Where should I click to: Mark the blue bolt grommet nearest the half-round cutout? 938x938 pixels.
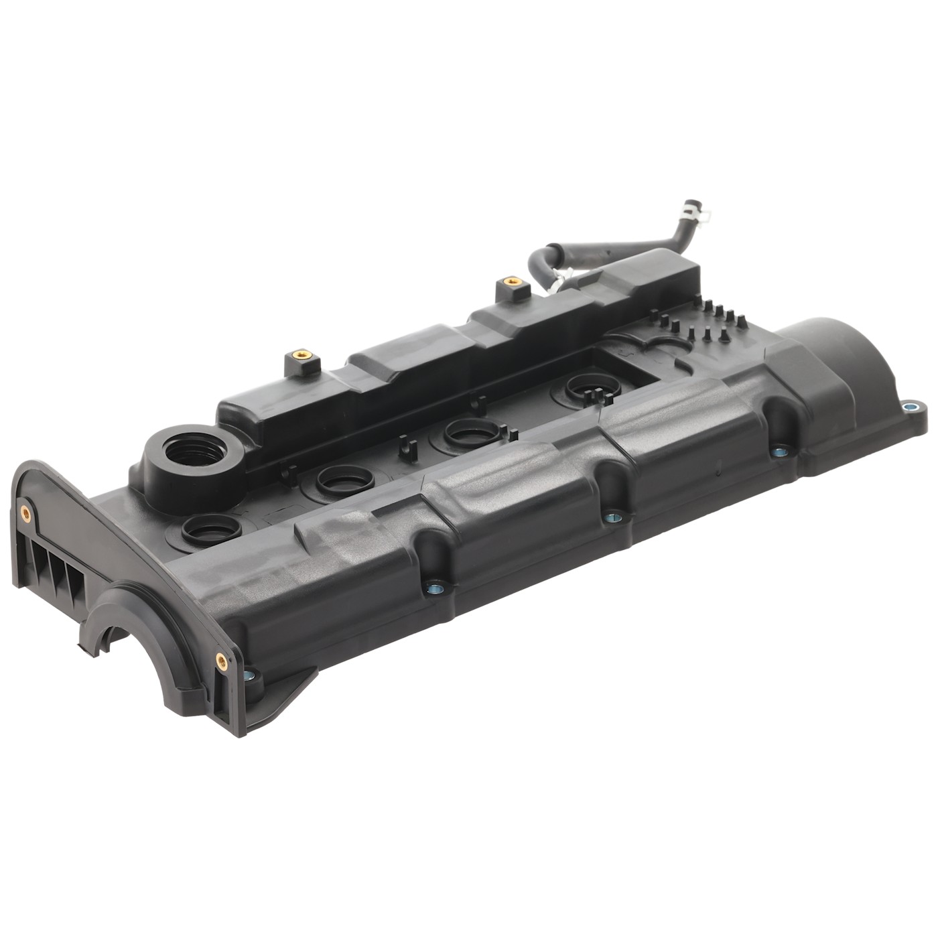249,675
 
